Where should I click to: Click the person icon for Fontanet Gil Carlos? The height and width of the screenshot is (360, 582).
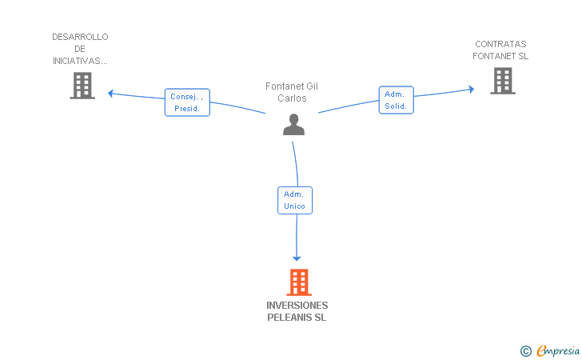[294, 125]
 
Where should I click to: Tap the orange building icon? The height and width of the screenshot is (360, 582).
[298, 282]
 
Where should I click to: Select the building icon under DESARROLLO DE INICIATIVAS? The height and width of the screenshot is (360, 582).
[82, 86]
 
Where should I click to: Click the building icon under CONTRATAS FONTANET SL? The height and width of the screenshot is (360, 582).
[502, 81]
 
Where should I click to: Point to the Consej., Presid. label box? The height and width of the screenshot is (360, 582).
[187, 102]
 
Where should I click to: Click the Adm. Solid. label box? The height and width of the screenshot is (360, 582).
[396, 100]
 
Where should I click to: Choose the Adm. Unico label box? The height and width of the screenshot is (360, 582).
[295, 200]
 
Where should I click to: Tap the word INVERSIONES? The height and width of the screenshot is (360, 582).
[297, 306]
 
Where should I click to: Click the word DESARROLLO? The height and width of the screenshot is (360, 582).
[80, 37]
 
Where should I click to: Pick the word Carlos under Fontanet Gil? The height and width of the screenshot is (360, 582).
[292, 98]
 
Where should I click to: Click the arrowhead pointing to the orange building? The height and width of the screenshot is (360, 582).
[297, 258]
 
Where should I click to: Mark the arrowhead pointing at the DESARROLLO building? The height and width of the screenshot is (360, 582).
[111, 93]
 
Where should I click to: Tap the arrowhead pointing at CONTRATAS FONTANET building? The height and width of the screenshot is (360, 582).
[471, 90]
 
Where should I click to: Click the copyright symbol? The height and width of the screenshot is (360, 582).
[525, 350]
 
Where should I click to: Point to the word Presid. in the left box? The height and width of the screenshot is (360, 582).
[186, 108]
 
